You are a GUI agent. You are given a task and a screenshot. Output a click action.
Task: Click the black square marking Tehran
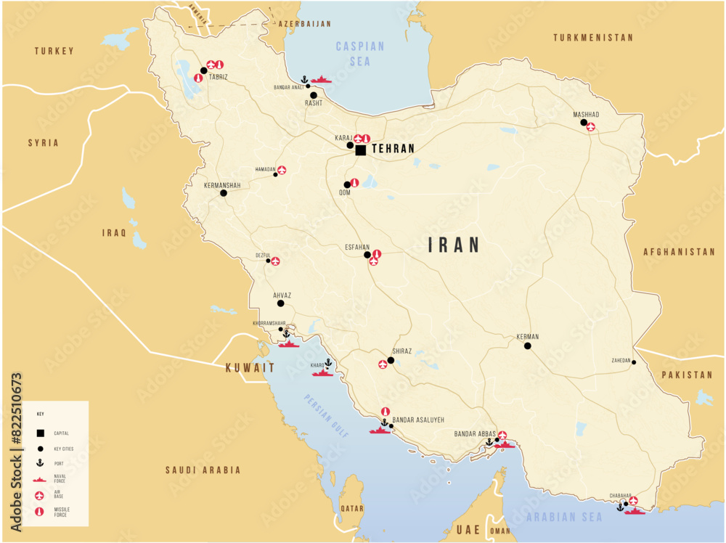pos(360,150)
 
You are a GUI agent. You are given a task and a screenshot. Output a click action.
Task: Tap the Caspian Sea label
pos(360,54)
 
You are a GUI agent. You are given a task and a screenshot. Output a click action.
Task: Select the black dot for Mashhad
pos(584,123)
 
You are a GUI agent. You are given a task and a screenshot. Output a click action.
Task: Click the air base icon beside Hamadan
pos(282,170)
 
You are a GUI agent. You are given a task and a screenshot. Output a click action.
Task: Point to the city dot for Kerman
pos(528,346)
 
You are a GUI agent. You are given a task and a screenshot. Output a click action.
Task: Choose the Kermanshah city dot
pos(224,193)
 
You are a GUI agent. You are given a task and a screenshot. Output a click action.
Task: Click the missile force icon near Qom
pos(354,183)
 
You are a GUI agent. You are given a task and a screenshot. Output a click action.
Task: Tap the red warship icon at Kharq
pos(323,373)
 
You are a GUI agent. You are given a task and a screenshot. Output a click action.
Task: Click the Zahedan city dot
pos(634,362)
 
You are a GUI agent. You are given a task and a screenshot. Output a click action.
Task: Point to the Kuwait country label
pos(250,367)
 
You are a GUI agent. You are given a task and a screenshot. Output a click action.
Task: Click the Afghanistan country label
pos(679,252)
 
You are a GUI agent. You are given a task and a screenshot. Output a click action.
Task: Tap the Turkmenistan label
pos(592,37)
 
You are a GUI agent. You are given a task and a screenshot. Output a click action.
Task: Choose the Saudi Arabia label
pos(203,470)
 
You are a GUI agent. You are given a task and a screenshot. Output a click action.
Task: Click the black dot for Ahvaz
pos(281,303)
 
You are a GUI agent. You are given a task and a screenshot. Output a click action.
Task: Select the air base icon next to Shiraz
pos(383,364)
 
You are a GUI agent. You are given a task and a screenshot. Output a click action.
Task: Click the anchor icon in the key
pos(41,463)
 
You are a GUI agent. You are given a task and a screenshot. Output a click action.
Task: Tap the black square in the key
pos(41,433)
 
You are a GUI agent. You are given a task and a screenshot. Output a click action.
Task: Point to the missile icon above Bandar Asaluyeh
pos(385,411)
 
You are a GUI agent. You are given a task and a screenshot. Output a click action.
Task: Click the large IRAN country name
pos(454,245)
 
